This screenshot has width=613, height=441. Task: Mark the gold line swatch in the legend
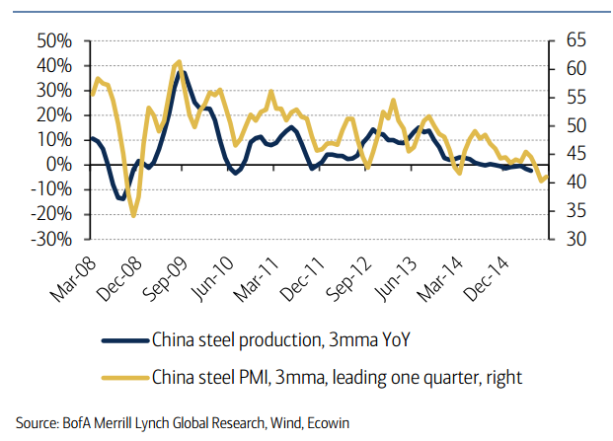[x=123, y=376]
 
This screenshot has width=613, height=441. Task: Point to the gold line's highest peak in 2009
[x=178, y=62]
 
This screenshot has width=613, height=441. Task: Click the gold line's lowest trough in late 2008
[x=133, y=215]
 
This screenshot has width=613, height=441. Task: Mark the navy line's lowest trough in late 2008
[x=121, y=199]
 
